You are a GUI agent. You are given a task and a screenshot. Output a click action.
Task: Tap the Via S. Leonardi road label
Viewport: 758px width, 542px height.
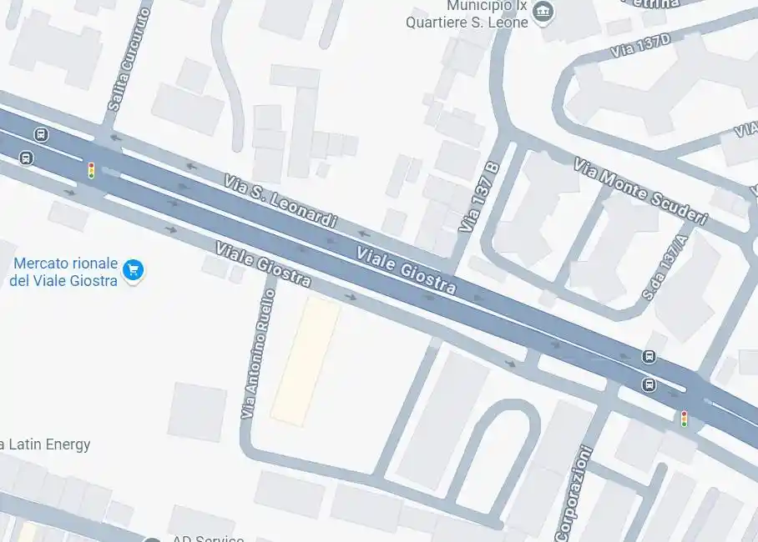pyautogui.click(x=280, y=200)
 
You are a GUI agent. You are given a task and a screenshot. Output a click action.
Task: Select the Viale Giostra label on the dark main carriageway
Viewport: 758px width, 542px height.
pyautogui.click(x=407, y=270)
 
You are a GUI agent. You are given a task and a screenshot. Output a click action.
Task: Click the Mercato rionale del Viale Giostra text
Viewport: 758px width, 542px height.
pyautogui.click(x=63, y=272)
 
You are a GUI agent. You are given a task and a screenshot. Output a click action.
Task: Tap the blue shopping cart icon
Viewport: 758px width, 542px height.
pyautogui.click(x=133, y=269)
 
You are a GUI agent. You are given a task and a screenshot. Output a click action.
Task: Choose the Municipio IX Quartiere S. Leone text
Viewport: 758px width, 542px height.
pyautogui.click(x=467, y=14)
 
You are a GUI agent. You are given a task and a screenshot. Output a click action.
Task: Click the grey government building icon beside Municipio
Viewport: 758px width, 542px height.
pyautogui.click(x=543, y=12)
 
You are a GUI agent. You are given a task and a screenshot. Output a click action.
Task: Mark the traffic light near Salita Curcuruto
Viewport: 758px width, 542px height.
pyautogui.click(x=91, y=170)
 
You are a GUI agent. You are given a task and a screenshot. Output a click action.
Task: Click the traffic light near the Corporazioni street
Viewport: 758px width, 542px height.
pyautogui.click(x=684, y=419)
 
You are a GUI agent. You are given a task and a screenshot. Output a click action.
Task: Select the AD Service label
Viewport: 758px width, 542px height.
pyautogui.click(x=209, y=538)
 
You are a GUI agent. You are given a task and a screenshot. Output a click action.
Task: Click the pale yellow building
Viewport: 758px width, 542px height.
pyautogui.click(x=305, y=360)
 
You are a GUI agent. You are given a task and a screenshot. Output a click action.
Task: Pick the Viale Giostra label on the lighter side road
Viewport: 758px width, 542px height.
pyautogui.click(x=263, y=264)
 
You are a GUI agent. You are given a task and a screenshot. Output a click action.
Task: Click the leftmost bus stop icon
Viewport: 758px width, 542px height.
pyautogui.click(x=27, y=158)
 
